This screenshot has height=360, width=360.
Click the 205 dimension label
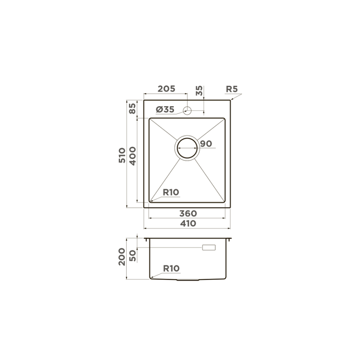click(167, 89)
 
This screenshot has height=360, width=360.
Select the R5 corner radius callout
click(232, 89)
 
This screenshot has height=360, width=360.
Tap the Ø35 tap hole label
click(165, 109)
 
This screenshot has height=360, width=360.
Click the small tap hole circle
click(187, 111)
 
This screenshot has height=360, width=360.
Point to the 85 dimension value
click(132, 108)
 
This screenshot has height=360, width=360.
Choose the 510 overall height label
click(122, 156)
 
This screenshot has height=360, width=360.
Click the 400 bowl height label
click(132, 156)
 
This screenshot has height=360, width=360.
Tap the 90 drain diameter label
click(206, 144)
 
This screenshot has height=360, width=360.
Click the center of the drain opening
click(187, 148)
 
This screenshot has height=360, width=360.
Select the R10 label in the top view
click(171, 192)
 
